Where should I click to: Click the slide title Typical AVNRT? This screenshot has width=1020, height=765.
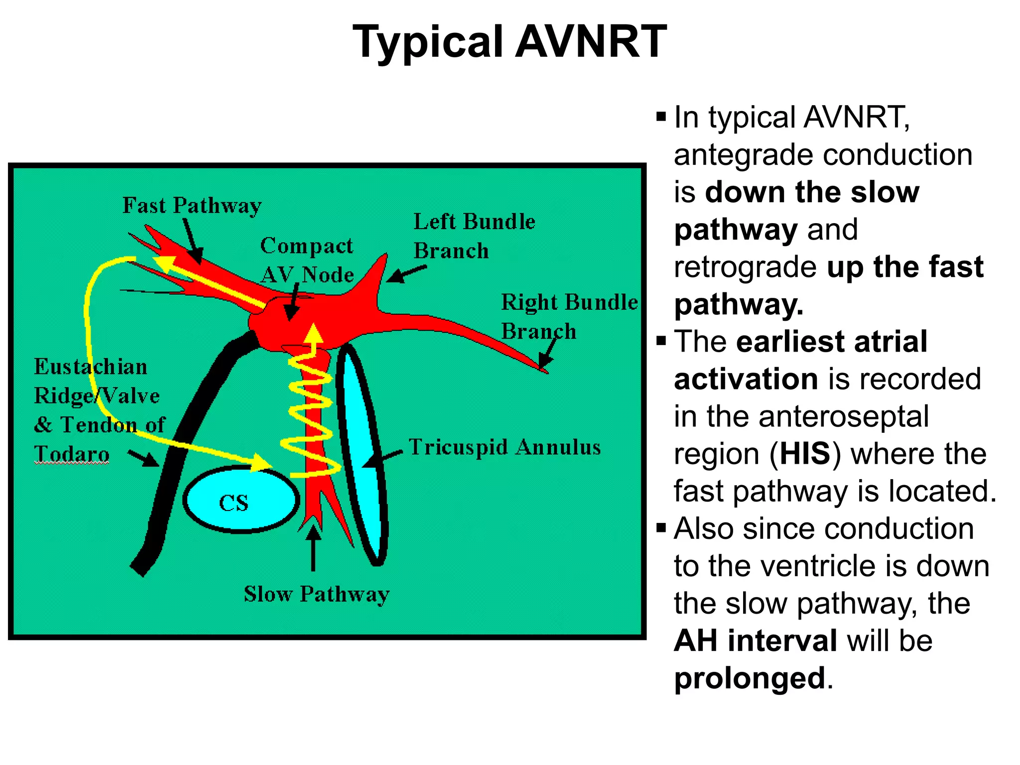coord(509,42)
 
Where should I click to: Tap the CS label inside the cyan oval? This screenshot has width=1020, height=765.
coord(234,503)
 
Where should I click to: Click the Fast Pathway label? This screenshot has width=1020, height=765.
coord(192,206)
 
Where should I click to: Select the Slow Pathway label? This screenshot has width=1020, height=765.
coord(316,594)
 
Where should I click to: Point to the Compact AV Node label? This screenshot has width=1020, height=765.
coord(307,260)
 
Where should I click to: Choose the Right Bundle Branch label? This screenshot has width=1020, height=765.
coord(568,316)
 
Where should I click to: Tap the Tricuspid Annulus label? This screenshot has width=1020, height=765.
coord(505,447)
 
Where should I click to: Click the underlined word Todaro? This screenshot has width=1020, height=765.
coord(72,454)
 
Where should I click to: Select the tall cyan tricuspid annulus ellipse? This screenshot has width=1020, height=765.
coord(363,456)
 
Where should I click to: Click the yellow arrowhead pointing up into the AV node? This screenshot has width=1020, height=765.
coord(313,333)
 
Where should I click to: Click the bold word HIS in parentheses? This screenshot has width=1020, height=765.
coord(805,454)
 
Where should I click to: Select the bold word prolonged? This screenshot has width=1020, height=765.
coord(750,678)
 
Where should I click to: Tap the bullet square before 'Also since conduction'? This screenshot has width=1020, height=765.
coord(661,528)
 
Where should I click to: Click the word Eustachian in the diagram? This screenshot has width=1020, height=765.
coord(91,367)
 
